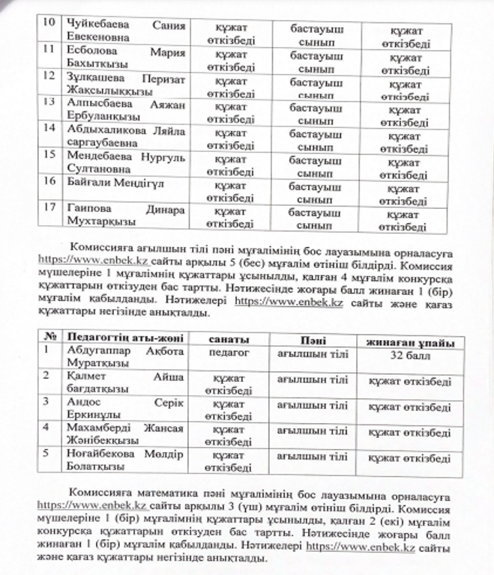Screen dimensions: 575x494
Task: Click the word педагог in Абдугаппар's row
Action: click(229, 352)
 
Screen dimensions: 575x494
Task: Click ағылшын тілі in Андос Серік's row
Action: click(313, 405)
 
